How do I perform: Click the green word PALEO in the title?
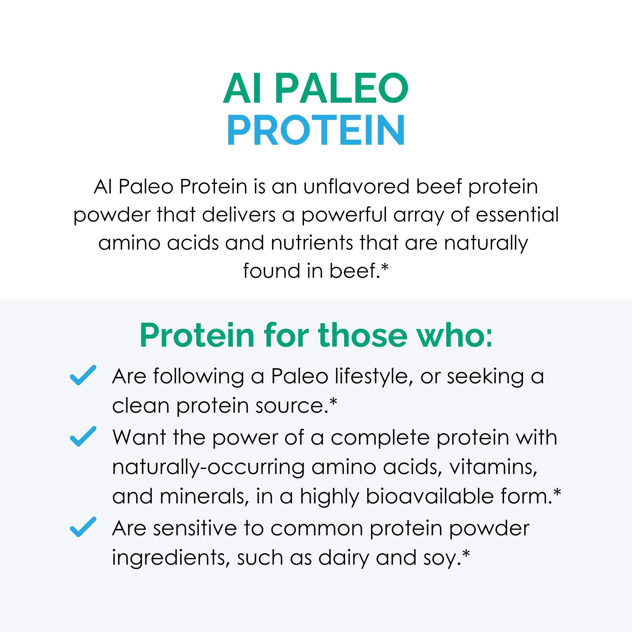342,88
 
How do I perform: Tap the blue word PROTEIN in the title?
316,130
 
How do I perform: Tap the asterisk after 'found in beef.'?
385,268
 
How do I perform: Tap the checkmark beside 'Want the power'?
83,436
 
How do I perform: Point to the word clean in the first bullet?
141,406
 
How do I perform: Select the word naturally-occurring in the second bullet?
208,467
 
